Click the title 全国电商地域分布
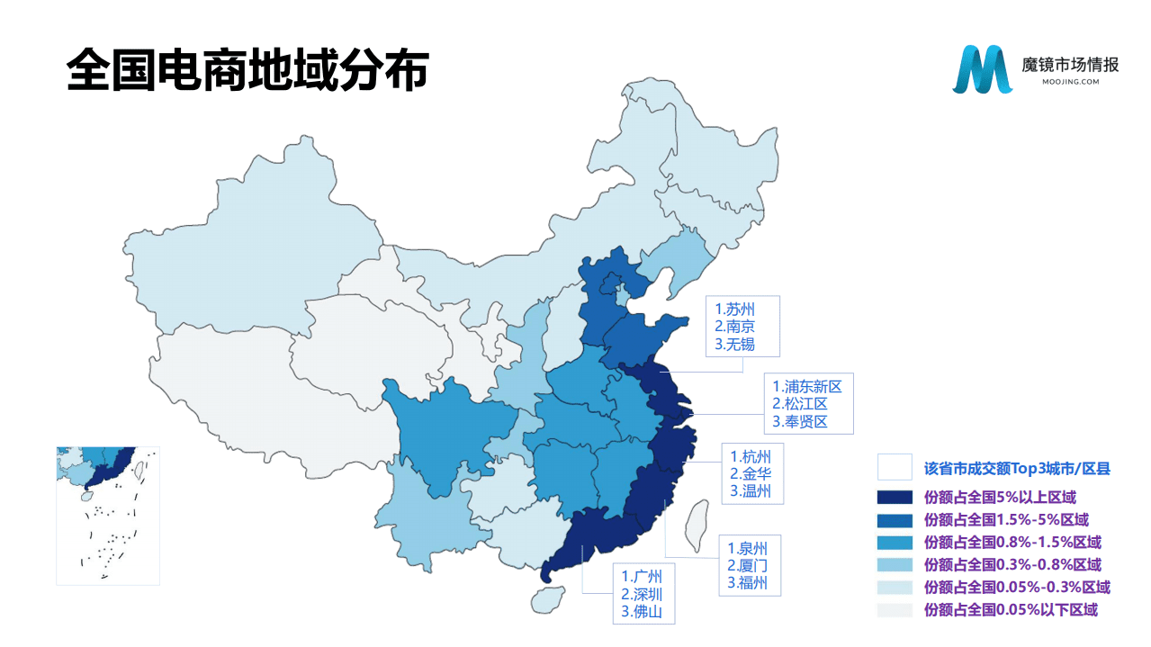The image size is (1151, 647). (247, 69)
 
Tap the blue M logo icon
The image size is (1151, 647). (982, 69)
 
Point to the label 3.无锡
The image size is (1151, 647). (733, 344)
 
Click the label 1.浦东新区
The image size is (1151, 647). (806, 387)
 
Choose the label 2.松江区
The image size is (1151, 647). (799, 404)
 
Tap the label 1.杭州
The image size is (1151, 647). (750, 456)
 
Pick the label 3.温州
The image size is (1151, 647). (750, 490)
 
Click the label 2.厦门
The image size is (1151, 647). (748, 566)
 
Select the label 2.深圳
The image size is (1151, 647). (641, 594)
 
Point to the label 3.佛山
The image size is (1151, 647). (641, 611)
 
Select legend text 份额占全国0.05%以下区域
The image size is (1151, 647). (1011, 610)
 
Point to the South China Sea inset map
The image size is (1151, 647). (108, 516)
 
